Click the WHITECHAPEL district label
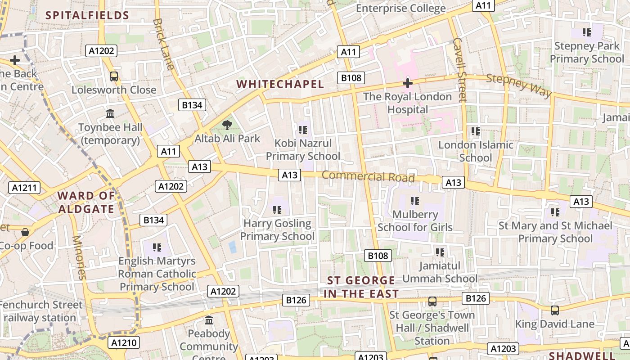(280, 84)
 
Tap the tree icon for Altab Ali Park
(227, 125)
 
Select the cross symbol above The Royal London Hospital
(408, 83)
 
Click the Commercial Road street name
(368, 176)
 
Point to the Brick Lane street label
(163, 44)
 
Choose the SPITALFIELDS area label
(87, 16)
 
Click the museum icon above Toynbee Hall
(110, 113)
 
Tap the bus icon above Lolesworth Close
(114, 76)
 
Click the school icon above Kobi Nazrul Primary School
(302, 130)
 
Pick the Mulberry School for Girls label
(415, 220)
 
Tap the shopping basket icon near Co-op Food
(25, 232)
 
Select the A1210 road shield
(124, 343)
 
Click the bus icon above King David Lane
(555, 310)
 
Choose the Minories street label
(79, 257)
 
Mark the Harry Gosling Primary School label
(277, 229)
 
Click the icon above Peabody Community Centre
(209, 320)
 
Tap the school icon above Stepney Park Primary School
(587, 32)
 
